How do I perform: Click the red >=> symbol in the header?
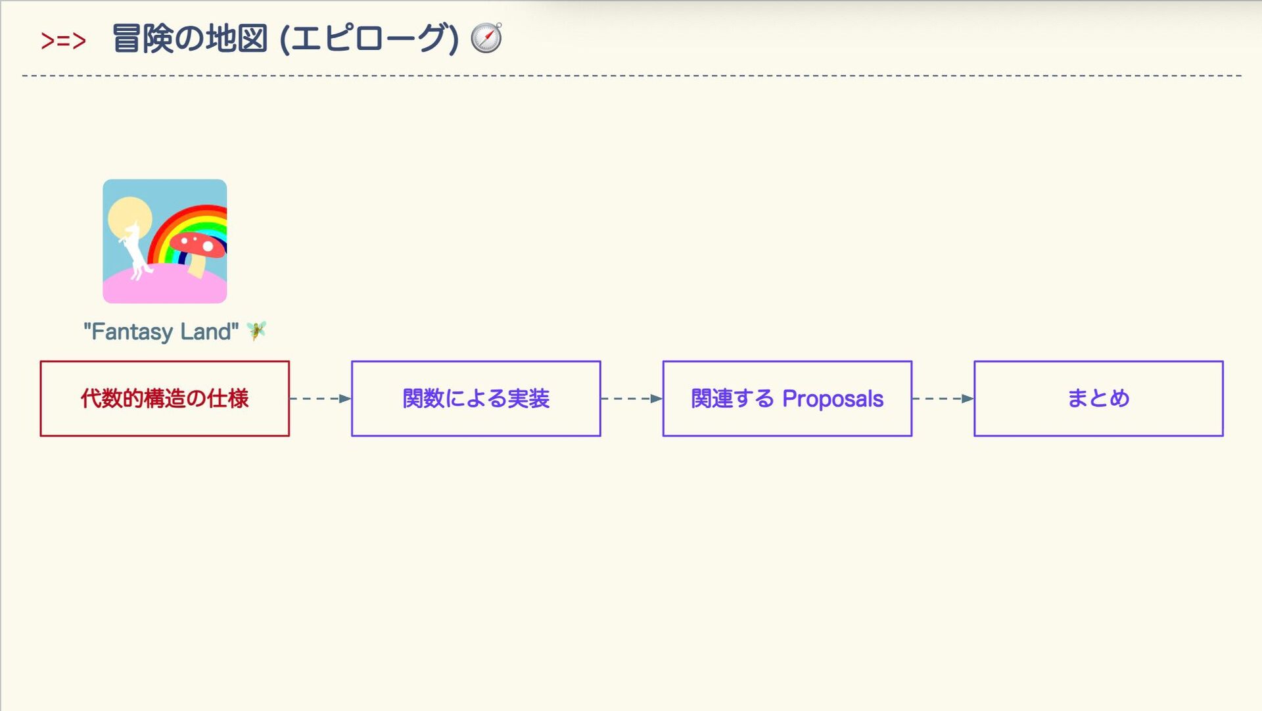(63, 41)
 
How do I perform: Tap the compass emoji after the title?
(486, 37)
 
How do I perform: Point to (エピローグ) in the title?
(368, 38)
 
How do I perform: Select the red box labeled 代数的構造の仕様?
(164, 399)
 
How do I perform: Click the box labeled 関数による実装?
(476, 399)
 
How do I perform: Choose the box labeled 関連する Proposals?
(787, 399)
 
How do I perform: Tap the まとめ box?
(1098, 399)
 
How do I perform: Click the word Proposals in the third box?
(833, 399)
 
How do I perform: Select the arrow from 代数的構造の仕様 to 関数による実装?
(320, 399)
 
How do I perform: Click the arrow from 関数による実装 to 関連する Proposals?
(632, 399)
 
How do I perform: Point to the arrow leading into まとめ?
(943, 399)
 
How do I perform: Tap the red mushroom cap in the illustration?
(200, 243)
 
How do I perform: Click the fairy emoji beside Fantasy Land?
(256, 330)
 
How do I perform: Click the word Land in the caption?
(206, 331)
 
